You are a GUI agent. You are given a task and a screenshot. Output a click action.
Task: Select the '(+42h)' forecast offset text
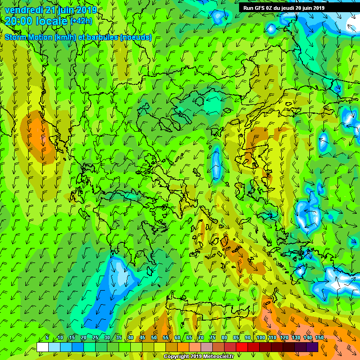point(82,22)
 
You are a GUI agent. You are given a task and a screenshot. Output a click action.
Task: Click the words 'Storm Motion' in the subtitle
point(28,37)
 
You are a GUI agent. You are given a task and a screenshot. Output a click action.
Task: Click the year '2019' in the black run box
point(316,8)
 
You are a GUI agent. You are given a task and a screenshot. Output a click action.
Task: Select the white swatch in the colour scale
point(43,347)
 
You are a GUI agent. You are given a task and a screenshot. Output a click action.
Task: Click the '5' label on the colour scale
point(47,338)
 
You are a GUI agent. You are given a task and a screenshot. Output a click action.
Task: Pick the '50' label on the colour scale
point(154,338)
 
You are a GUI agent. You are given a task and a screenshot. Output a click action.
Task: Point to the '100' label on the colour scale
point(261,338)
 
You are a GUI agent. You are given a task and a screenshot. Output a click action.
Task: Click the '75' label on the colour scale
point(213,338)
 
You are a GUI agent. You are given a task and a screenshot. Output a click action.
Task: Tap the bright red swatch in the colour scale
point(242,347)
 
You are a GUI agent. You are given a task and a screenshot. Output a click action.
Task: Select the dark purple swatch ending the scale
point(312,347)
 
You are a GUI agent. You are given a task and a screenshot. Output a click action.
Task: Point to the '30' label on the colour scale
point(107,338)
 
